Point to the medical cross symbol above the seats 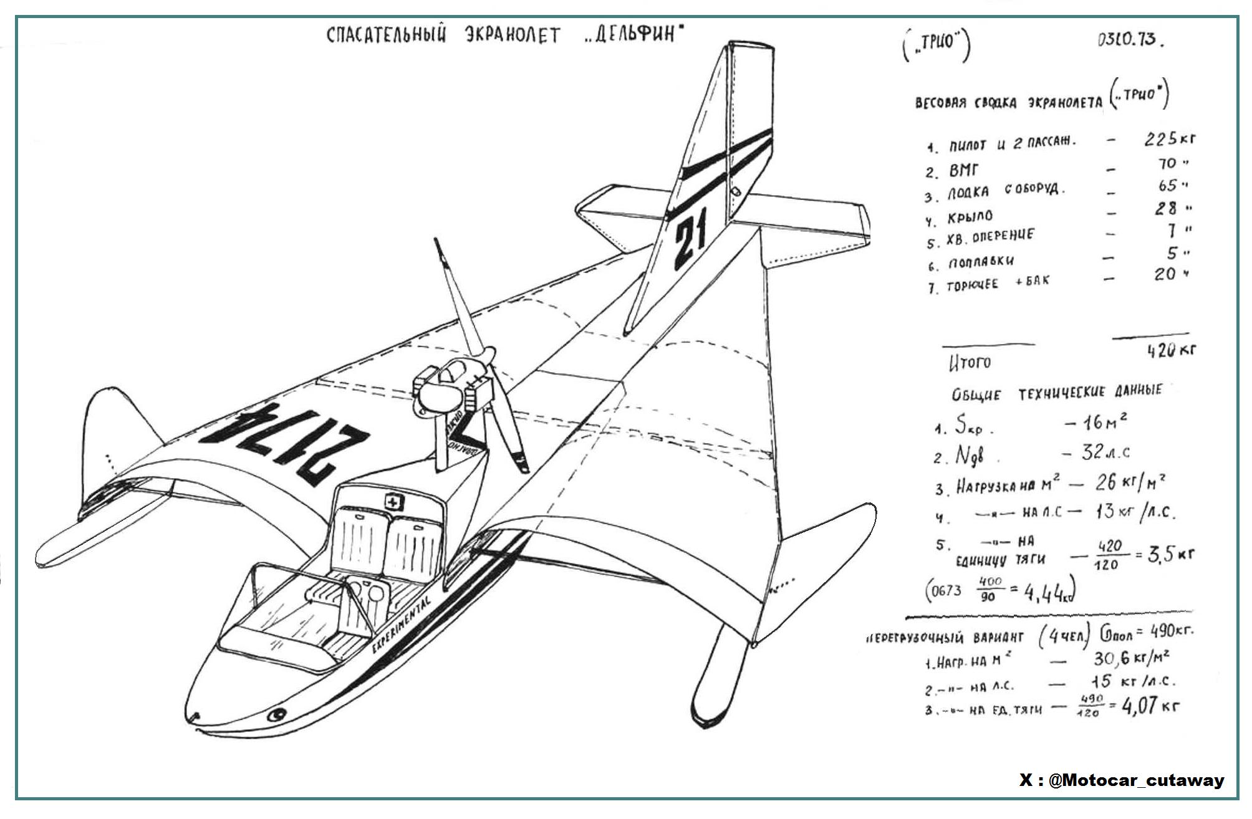(393, 502)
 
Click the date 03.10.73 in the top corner (1130, 40)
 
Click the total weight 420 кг (1170, 351)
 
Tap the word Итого (970, 362)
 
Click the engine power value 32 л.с (1104, 453)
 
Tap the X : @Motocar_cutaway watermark (1122, 780)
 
